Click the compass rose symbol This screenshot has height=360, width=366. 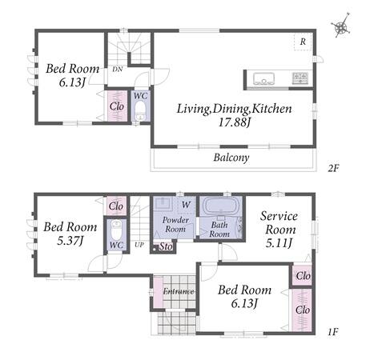coord(341,26)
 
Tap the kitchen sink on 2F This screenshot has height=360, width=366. coord(263,78)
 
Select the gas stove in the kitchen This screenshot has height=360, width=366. coord(300,78)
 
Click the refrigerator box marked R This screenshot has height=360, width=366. coord(303,42)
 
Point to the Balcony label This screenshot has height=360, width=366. coord(231,158)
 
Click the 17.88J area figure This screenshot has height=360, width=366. coord(235,122)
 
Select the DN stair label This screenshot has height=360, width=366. coord(118,70)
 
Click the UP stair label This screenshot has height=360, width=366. coord(139,245)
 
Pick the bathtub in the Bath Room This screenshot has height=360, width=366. coord(221,206)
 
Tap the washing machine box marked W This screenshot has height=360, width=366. coord(186,205)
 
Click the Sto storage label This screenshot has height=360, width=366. coord(166,246)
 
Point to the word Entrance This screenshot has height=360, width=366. coord(179,291)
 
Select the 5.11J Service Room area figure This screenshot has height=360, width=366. coord(279,243)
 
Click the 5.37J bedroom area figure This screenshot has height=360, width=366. coord(70,241)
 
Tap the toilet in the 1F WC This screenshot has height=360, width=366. coord(116,230)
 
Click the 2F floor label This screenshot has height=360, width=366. coord(333,168)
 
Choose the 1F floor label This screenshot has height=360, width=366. coord(333,332)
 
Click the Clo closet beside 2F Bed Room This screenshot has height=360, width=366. coord(117,106)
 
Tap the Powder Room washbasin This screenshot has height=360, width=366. coord(163,204)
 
